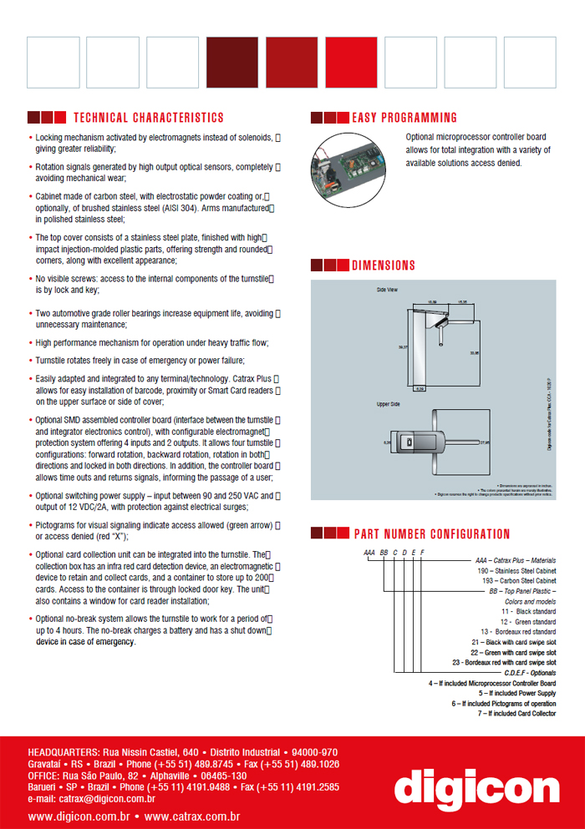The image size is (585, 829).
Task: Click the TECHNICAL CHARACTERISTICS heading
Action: [149, 118]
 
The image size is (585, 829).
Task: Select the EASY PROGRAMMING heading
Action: [404, 118]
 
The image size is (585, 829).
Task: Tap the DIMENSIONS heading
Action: [383, 265]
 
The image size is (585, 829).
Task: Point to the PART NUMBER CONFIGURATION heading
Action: [431, 534]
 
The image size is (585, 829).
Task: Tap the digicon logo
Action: [476, 786]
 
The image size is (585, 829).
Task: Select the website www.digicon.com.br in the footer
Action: [79, 816]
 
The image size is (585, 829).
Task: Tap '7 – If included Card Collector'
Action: [516, 714]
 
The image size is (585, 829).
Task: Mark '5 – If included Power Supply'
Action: [517, 693]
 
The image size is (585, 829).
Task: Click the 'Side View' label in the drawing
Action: [387, 289]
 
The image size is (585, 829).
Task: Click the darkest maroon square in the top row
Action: [232, 62]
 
